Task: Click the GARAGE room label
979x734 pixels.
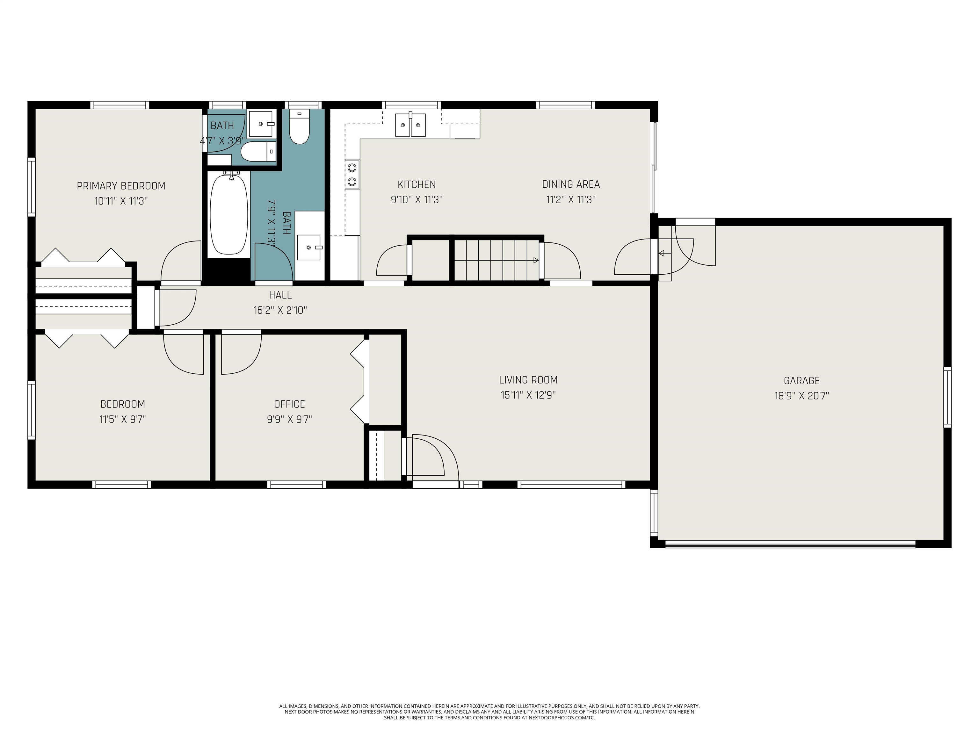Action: click(x=801, y=380)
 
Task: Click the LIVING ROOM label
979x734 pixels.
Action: click(x=528, y=380)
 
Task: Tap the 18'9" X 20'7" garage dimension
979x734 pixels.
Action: click(x=801, y=396)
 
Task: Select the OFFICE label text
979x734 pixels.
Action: click(x=289, y=404)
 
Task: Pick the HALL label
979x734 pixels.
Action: click(x=280, y=295)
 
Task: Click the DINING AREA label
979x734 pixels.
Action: click(x=571, y=184)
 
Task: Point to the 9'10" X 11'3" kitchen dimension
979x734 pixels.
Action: click(x=417, y=199)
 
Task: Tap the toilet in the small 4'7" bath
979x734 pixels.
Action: click(x=258, y=151)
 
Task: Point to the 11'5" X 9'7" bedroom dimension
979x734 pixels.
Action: click(x=123, y=419)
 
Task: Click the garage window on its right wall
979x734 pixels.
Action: click(x=947, y=397)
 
